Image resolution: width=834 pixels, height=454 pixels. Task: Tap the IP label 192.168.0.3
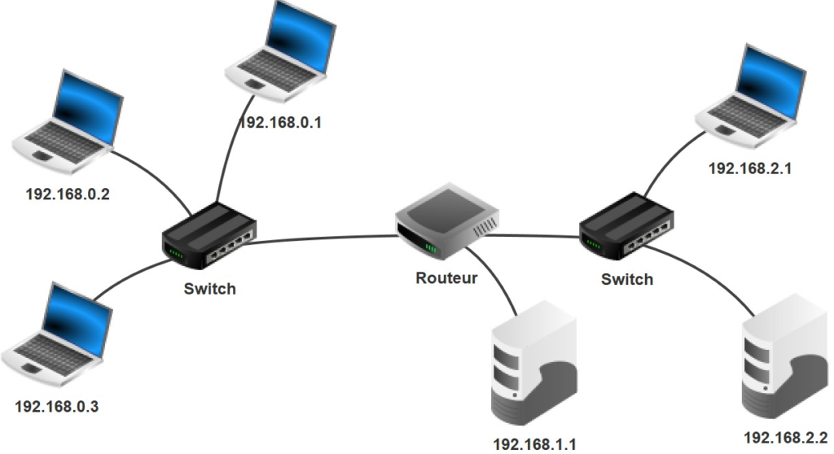56,405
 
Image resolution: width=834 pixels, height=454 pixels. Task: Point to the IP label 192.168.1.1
535,444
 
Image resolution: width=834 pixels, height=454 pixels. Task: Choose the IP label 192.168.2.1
750,169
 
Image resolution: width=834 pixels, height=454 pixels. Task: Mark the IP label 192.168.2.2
785,438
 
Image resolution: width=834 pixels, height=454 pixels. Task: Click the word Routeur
446,277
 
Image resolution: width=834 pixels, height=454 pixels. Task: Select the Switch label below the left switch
209,289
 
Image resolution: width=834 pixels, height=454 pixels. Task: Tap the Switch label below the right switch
627,279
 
